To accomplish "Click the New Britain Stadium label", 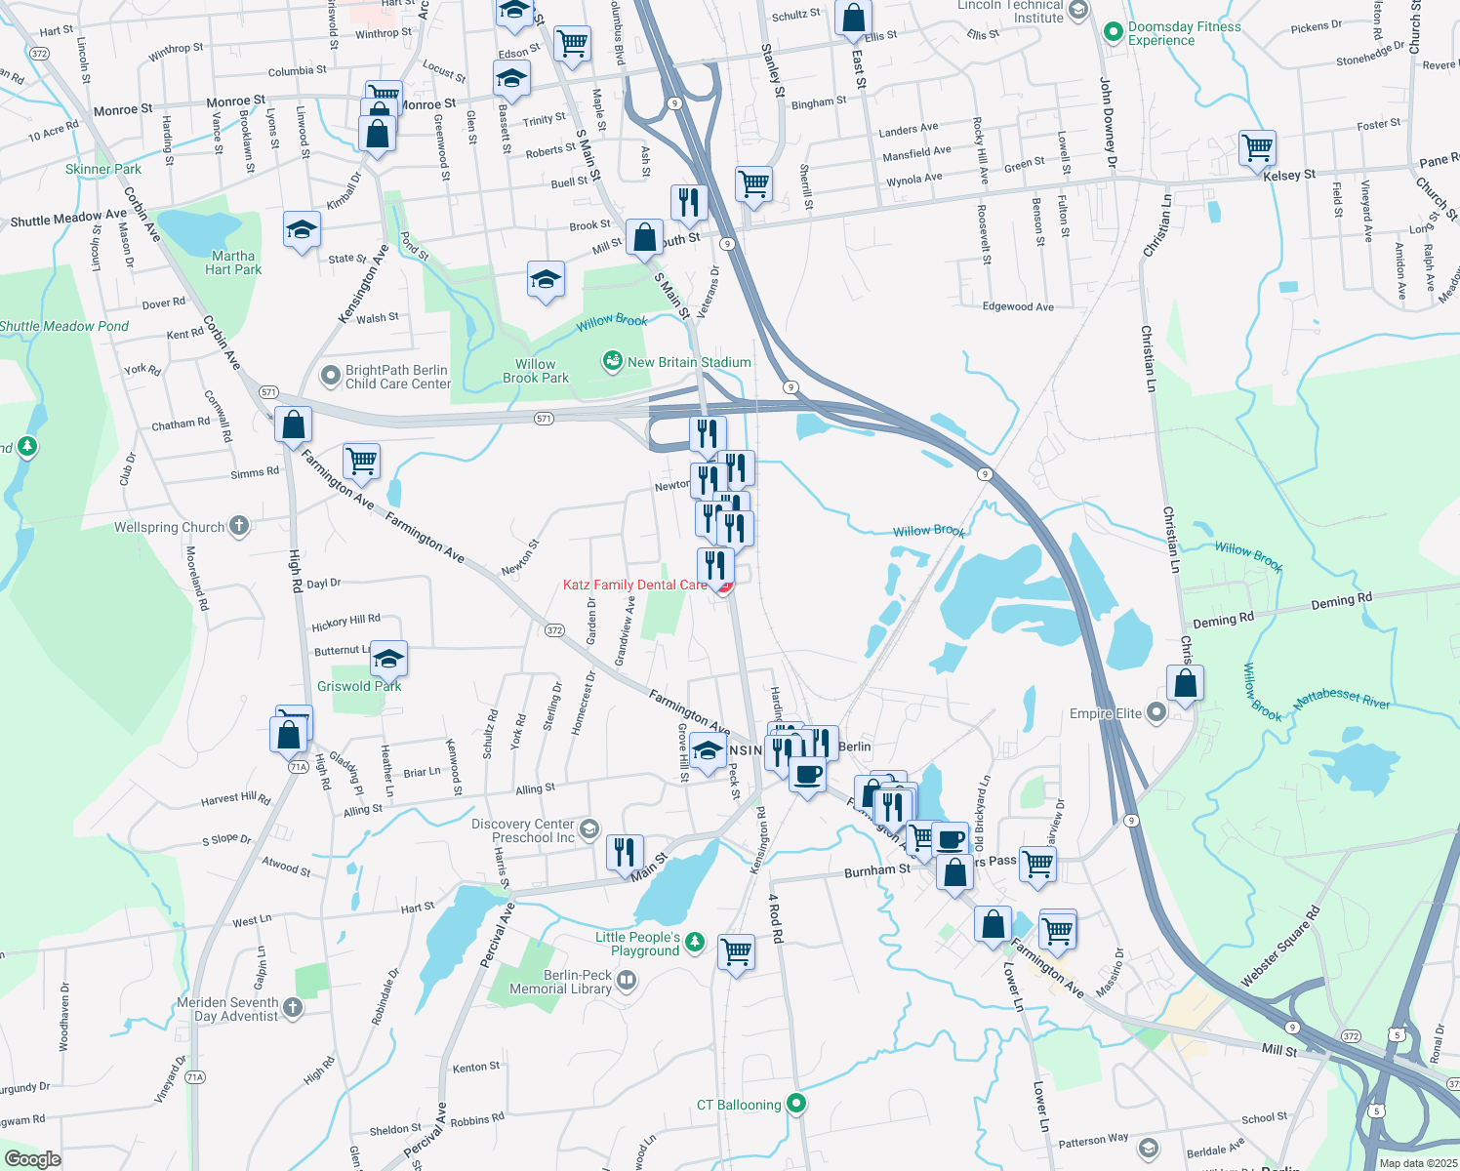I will click(x=689, y=362).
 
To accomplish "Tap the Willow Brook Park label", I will click(x=536, y=371).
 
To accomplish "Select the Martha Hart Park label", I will click(x=233, y=262).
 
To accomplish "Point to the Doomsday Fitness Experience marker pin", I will click(x=1113, y=32).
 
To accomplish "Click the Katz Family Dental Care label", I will click(x=635, y=585).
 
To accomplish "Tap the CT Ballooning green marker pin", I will click(x=796, y=1104).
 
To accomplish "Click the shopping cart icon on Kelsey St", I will click(x=1258, y=148).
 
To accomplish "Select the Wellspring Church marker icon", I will click(x=238, y=527).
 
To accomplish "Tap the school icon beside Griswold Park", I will click(x=388, y=659).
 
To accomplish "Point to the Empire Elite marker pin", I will click(x=1156, y=713).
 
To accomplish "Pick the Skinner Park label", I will click(x=103, y=169).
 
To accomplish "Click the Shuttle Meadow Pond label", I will click(x=64, y=326).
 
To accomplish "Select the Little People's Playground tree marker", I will click(x=694, y=942).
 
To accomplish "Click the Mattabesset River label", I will click(x=1341, y=699).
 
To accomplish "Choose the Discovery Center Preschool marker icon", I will click(x=588, y=829).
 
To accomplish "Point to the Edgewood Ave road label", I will click(x=1018, y=306).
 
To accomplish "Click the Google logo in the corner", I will click(x=32, y=1159).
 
